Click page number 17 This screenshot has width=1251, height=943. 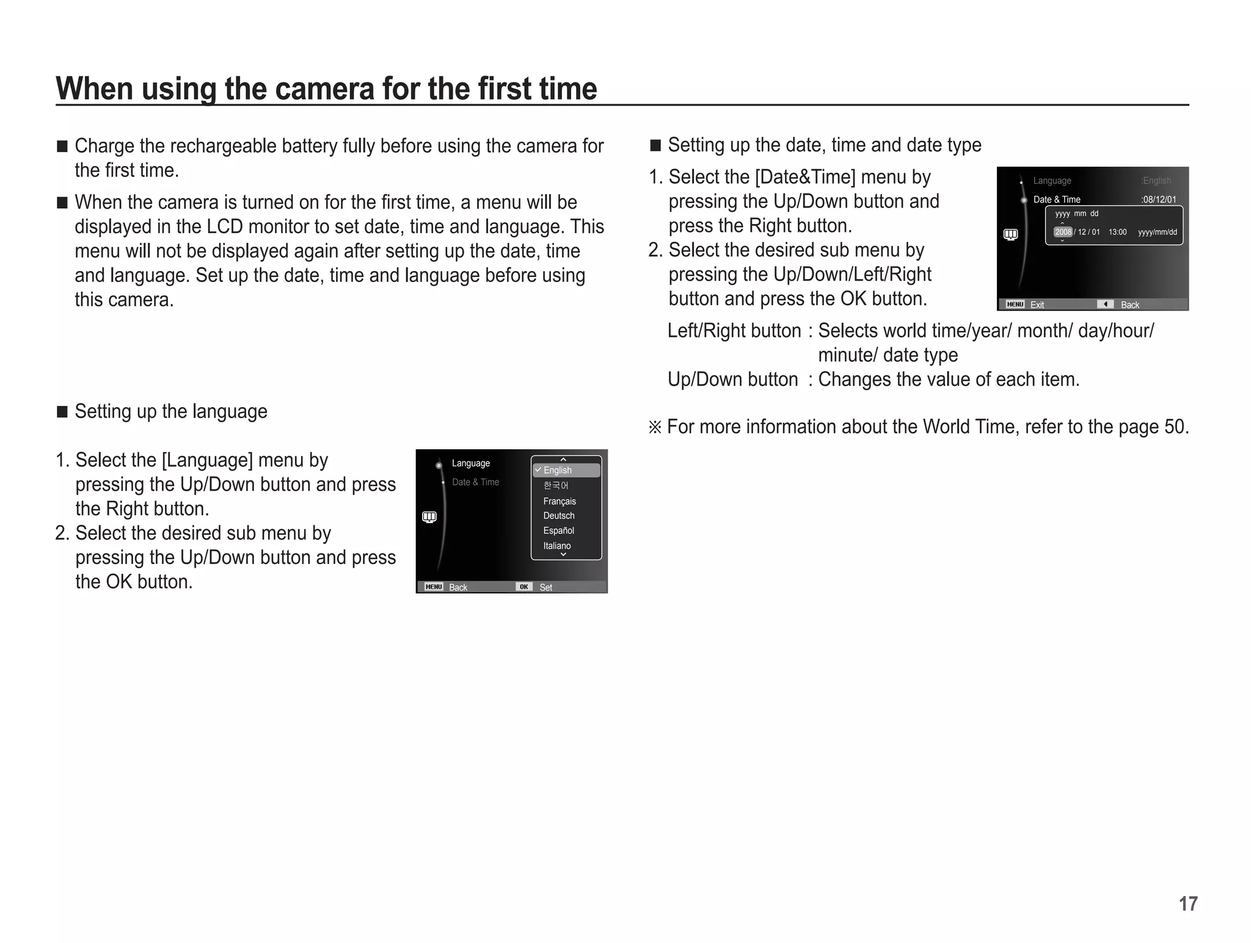1188,903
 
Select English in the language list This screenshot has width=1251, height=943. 557,470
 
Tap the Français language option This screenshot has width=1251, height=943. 560,501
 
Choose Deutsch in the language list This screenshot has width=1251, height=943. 559,516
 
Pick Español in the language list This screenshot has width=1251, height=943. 559,530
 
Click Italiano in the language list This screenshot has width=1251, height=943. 557,546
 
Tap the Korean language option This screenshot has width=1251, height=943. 556,485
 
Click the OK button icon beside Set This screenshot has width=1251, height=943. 523,587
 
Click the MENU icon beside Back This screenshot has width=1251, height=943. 434,587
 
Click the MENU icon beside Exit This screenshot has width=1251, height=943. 1015,304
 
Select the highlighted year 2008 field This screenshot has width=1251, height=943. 1063,232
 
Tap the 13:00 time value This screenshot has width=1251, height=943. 1117,232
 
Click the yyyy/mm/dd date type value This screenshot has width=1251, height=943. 1157,232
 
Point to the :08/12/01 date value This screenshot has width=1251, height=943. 1158,200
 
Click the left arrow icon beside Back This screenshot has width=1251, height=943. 1104,304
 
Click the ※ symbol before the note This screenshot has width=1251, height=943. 655,427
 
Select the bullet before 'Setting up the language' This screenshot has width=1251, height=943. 62,412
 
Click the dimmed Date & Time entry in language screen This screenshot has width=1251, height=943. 475,482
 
